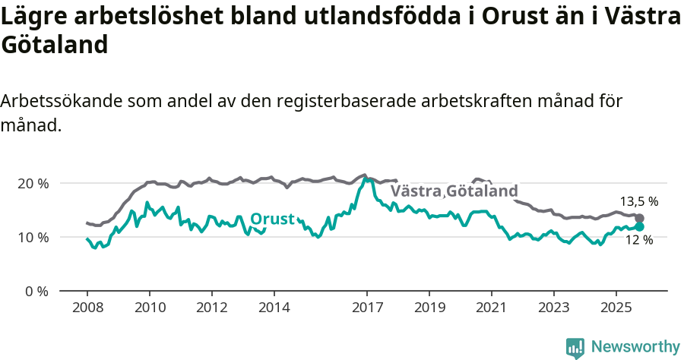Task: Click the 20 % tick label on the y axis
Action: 33,184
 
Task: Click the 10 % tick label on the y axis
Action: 33,237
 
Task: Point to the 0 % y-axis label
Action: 36,291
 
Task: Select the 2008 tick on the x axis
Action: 87,308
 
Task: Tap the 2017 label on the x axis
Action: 367,308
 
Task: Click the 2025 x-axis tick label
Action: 616,308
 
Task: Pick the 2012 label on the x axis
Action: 211,308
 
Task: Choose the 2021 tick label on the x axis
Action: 491,308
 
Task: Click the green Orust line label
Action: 272,219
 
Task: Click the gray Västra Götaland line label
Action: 454,191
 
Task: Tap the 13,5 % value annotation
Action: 638,202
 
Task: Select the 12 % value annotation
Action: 638,240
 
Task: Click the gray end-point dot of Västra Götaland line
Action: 639,218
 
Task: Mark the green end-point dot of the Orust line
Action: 639,226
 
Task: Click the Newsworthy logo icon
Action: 575,347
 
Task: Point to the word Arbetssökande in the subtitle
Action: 62,101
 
